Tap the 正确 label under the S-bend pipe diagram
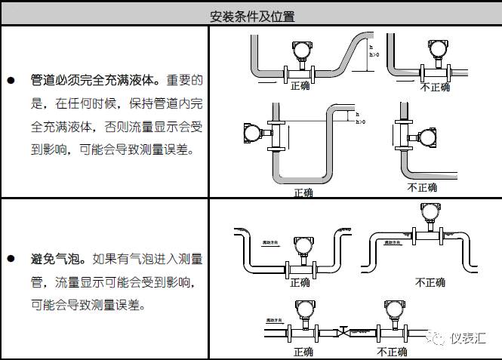[x=300, y=86]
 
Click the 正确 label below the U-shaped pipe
[x=304, y=192]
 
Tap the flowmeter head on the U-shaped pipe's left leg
[x=251, y=133]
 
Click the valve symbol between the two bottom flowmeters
[x=343, y=330]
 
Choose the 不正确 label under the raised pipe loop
[x=430, y=282]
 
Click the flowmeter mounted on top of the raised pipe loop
[x=429, y=212]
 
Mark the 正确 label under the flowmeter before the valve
[x=303, y=352]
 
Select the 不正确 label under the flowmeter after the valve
[x=392, y=352]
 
